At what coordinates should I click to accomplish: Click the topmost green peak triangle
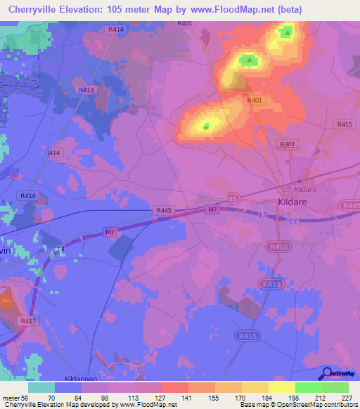286,32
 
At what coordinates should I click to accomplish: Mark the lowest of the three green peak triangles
206,126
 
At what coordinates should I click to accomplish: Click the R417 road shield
28,320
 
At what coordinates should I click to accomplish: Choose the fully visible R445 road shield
163,210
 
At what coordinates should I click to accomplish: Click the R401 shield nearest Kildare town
287,144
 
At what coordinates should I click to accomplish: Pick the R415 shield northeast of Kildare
344,124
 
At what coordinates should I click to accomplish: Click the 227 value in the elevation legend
345,398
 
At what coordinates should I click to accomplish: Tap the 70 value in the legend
51,398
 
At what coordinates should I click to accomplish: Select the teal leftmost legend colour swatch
41,387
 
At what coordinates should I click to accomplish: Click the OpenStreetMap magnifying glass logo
326,372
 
